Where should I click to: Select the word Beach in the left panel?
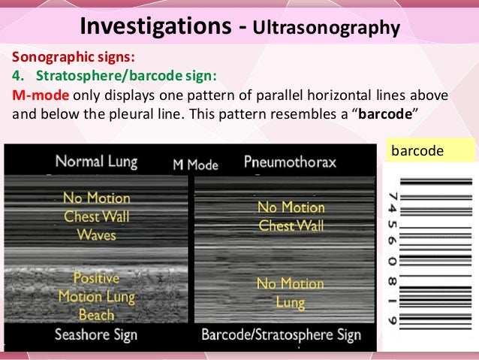point(96,314)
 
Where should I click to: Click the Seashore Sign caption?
point(97,335)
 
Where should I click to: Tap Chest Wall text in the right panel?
point(291,226)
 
